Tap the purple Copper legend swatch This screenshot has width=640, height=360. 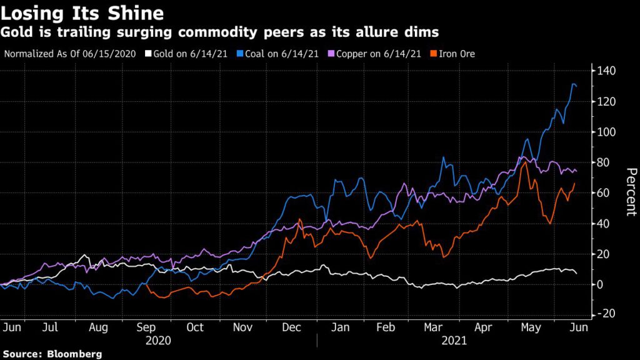coord(332,54)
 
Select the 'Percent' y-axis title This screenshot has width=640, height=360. coord(631,192)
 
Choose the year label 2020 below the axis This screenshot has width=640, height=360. coord(158,341)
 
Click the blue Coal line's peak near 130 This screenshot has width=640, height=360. coord(573,84)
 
